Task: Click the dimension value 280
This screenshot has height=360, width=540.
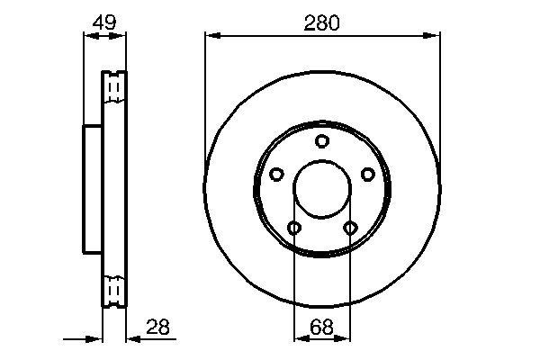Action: pyautogui.click(x=322, y=23)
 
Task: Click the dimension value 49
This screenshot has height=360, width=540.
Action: pyautogui.click(x=104, y=23)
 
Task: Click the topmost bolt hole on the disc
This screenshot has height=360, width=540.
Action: pyautogui.click(x=322, y=141)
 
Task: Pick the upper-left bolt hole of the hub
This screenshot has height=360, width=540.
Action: pyautogui.click(x=277, y=175)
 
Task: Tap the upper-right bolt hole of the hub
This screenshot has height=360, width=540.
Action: pyautogui.click(x=367, y=175)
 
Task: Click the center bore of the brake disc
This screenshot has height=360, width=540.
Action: pyautogui.click(x=322, y=191)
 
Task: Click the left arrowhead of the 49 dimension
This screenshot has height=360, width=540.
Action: pyautogui.click(x=87, y=36)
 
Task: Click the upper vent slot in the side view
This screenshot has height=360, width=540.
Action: pyautogui.click(x=113, y=87)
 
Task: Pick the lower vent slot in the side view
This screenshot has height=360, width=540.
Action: pyautogui.click(x=113, y=290)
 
